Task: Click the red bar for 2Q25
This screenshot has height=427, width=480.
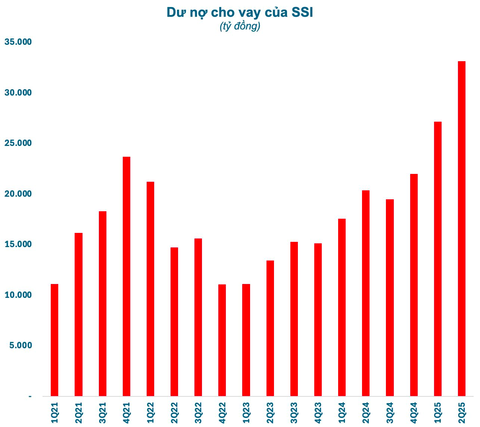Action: pos(461,228)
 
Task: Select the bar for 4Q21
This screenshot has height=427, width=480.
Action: pos(127,276)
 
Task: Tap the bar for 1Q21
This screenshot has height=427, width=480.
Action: pos(54,340)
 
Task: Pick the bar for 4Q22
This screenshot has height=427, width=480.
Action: pos(222,340)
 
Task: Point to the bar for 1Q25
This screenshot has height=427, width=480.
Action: pos(437,259)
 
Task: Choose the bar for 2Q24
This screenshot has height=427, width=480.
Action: pos(366,293)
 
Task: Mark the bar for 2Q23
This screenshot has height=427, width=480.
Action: pos(270,328)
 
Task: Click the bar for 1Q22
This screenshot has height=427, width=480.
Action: pos(150,289)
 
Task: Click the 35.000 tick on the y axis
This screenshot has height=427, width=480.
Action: pos(18,42)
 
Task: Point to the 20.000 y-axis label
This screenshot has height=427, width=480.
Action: pos(18,194)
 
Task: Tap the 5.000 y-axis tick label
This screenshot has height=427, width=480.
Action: pos(20,345)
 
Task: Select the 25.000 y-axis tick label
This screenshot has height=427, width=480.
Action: pos(18,143)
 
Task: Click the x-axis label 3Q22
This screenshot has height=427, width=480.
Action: pos(198,412)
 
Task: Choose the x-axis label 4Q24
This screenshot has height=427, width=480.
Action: pos(414,412)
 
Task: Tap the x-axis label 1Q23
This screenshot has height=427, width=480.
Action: pos(246,412)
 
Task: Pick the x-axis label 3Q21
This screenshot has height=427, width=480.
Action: pos(102,412)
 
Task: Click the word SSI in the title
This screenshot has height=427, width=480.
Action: pos(302,12)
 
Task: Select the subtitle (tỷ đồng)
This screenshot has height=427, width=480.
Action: pos(240,27)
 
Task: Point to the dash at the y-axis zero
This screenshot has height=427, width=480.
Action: pos(30,396)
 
